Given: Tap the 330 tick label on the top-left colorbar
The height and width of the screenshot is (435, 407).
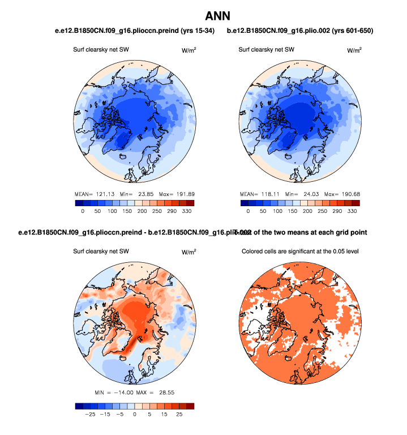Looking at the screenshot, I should click(187, 211).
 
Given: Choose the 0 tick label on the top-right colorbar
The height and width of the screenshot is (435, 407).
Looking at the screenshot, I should click(248, 211).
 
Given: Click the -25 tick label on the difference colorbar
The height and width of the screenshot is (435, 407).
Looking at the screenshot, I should click(89, 415).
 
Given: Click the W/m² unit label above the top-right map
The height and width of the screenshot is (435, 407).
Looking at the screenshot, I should click(354, 50).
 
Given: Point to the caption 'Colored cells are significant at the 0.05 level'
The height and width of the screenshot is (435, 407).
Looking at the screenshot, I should click(302, 251).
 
